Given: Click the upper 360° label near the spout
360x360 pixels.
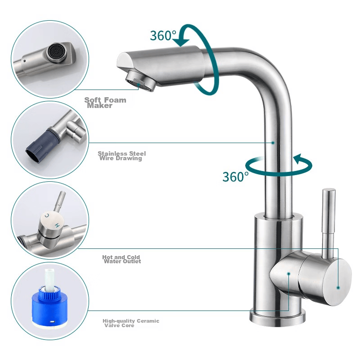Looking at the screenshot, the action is click(x=163, y=36).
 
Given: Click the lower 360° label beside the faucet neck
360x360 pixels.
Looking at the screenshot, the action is click(x=235, y=176).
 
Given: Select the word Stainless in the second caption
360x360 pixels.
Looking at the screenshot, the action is click(x=109, y=153).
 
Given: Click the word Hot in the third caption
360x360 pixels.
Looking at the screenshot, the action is click(x=107, y=257).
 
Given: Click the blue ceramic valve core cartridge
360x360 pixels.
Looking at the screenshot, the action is click(x=49, y=305).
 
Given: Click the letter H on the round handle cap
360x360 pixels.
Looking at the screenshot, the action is click(x=58, y=225).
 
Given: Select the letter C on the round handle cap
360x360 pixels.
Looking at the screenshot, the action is click(x=47, y=216).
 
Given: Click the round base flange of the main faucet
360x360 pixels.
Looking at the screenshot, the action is click(x=278, y=316).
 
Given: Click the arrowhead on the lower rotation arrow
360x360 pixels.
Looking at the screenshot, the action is click(x=299, y=160).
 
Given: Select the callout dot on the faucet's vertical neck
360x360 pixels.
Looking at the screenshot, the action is click(x=273, y=143).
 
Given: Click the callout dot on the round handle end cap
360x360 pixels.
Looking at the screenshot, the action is click(x=338, y=288).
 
